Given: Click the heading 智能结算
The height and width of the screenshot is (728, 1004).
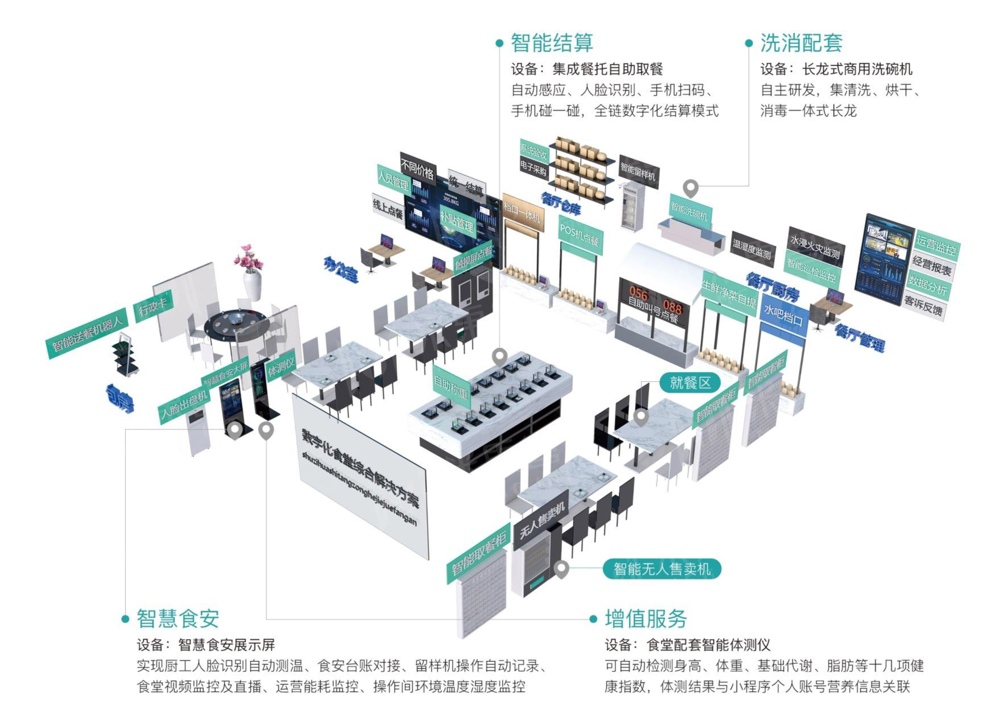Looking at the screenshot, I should coord(551,43).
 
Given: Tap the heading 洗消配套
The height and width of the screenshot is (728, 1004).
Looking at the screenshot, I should coord(801,43).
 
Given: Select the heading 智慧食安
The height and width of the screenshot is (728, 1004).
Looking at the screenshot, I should coord(178,618).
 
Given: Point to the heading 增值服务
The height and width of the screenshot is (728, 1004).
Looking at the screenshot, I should coord(646,618).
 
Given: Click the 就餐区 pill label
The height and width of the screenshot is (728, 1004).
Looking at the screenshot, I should coord(689,382).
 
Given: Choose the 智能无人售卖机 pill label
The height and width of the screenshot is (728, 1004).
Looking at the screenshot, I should coord(662,569).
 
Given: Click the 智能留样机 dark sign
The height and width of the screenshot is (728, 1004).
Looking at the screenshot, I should coord(638,172).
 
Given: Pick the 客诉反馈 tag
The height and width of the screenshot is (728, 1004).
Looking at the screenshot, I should coord(923,305).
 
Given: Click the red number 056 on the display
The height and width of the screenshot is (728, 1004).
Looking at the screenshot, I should coord(638,293).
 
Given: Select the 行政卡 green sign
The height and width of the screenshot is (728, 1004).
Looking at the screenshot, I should coord(153,306).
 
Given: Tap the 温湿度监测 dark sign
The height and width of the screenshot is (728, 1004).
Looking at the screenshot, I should coord(752,249).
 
